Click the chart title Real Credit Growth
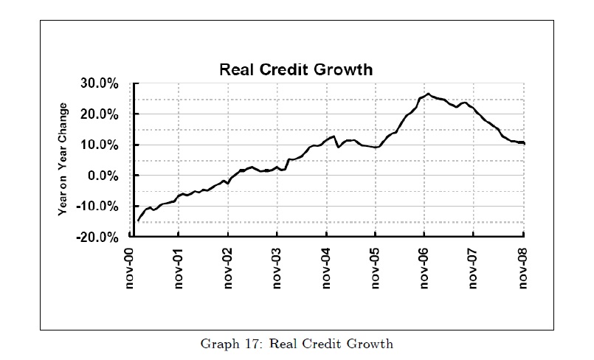click(297, 71)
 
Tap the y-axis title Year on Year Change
click(64, 159)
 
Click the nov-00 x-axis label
click(130, 267)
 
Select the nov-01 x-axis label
click(179, 267)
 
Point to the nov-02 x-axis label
click(228, 267)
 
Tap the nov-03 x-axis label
click(277, 267)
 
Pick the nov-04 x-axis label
click(326, 267)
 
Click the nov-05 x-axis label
click(376, 267)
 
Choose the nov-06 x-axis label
click(424, 267)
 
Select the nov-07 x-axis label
click(474, 267)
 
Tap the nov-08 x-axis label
click(522, 267)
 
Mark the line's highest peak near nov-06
click(428, 94)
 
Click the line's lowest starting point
click(137, 221)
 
